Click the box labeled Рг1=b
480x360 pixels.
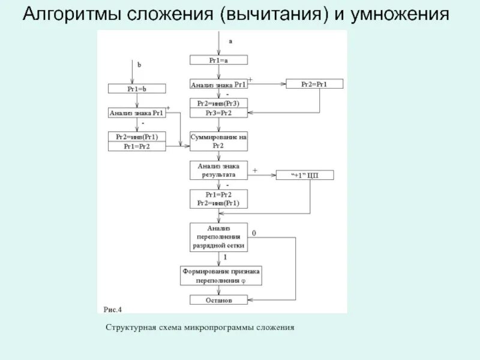point(137,89)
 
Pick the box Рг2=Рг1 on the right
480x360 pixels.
point(314,84)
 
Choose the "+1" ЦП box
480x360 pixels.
point(304,175)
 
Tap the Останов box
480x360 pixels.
point(218,300)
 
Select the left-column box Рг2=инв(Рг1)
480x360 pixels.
point(137,137)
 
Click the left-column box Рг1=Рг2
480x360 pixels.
point(137,146)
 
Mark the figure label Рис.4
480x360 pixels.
point(112,310)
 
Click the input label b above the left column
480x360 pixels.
point(139,65)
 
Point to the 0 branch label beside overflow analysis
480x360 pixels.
point(254,233)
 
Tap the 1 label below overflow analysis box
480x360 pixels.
point(224,257)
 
